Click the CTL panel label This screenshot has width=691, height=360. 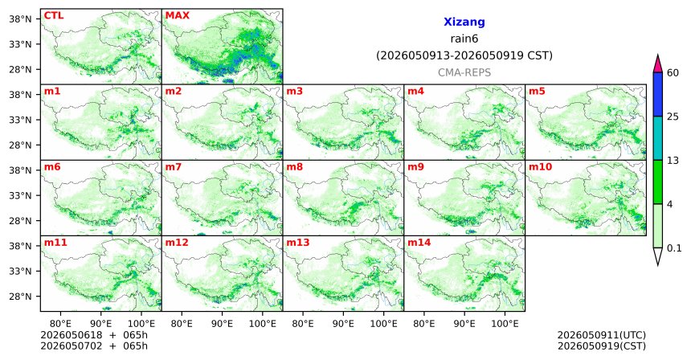(x=54, y=15)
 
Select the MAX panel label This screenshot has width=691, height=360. (x=177, y=15)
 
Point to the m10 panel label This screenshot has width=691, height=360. (x=540, y=167)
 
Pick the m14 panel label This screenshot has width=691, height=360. (x=419, y=243)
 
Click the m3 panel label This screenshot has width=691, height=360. (x=294, y=92)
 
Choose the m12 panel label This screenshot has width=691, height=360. (x=177, y=243)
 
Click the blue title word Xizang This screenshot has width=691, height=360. (x=464, y=22)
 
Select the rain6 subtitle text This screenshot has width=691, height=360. (x=464, y=39)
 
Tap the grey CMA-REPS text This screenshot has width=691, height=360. (x=464, y=72)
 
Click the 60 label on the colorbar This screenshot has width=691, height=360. (x=673, y=72)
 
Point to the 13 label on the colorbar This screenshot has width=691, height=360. (x=673, y=161)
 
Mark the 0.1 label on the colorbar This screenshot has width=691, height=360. (x=674, y=248)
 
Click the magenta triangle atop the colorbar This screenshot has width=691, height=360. (x=658, y=63)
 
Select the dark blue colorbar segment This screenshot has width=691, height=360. (x=658, y=94)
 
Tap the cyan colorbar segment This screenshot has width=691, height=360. (x=658, y=138)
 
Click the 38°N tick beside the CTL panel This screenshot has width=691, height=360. (x=20, y=19)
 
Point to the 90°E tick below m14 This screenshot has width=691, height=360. (x=464, y=324)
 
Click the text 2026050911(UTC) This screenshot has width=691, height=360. (x=602, y=336)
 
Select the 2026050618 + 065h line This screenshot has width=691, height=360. (x=94, y=335)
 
